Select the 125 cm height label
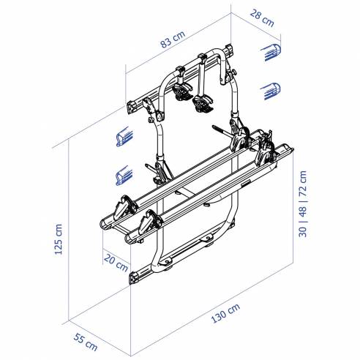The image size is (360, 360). click(x=59, y=236)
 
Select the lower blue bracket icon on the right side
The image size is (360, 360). click(x=270, y=89)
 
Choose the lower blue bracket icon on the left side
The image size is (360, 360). click(x=124, y=176)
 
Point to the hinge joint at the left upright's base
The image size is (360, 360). click(x=155, y=172)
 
